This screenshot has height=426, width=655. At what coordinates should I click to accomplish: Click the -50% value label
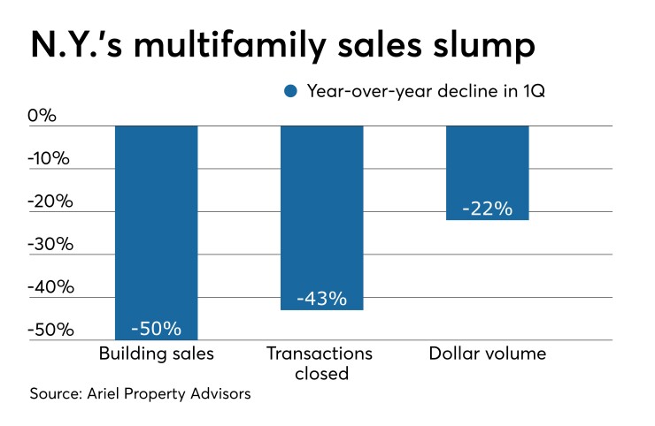click(x=156, y=329)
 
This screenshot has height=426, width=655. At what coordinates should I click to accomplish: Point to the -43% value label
click(x=321, y=299)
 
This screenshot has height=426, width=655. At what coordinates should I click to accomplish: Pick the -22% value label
click(x=487, y=209)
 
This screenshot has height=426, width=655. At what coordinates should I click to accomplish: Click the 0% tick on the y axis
click(x=43, y=116)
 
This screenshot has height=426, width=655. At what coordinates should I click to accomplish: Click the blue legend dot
click(x=289, y=91)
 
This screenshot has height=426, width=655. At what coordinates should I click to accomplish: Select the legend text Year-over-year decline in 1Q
click(x=424, y=91)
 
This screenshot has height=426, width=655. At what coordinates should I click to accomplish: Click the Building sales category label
click(x=156, y=354)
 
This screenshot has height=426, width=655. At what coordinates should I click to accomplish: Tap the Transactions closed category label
click(x=321, y=363)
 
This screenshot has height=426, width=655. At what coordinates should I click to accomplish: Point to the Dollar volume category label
click(x=487, y=354)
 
